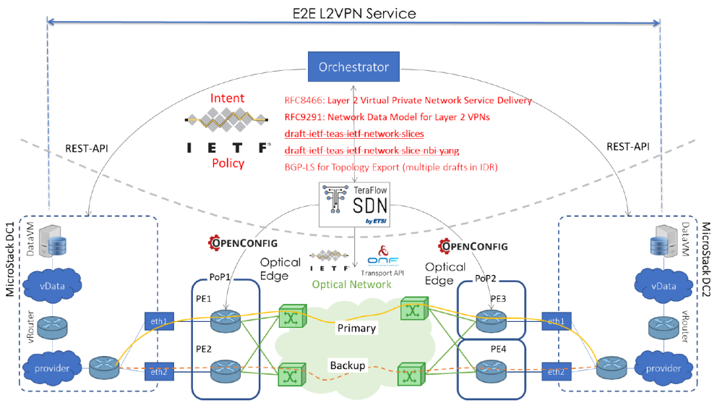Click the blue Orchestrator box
coord(353,67)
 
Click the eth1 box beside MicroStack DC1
coord(160,321)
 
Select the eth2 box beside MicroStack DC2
coord(556,371)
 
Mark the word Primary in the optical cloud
coord(356,328)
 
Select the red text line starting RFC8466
coord(408,101)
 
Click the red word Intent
coord(228,98)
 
